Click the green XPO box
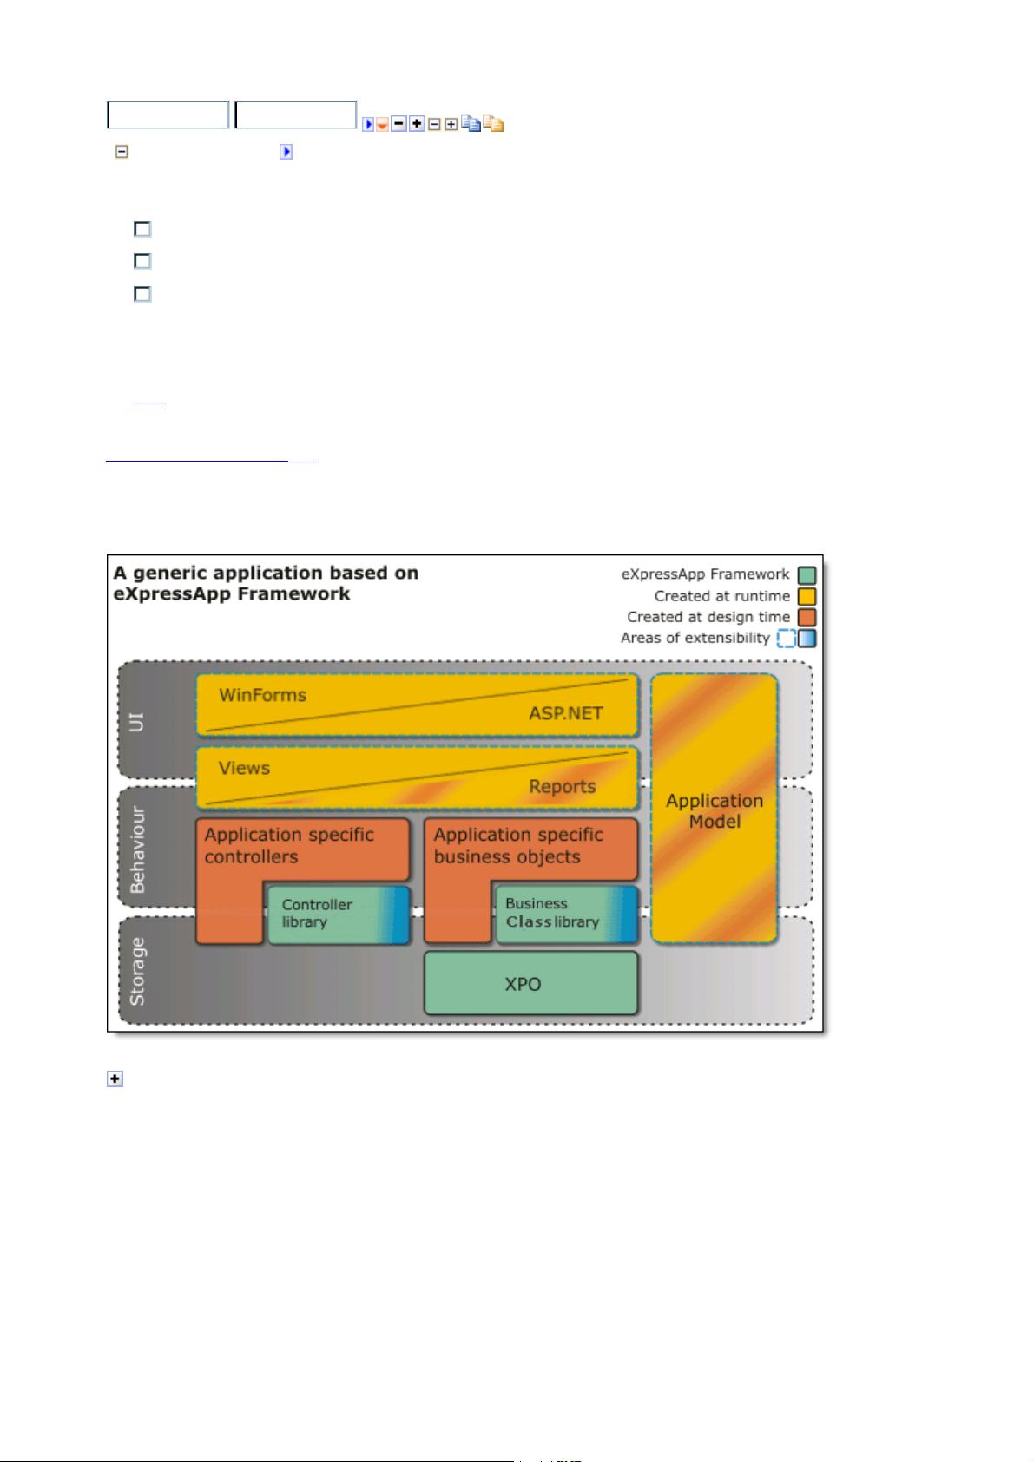tap(530, 983)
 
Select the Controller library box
tap(339, 915)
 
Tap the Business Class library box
tap(566, 914)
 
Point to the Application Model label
tap(714, 810)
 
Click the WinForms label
tap(262, 695)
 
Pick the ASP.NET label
tap(566, 713)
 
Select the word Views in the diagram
tap(244, 768)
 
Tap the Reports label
tap(562, 786)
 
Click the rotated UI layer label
tap(135, 722)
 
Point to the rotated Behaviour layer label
tap(137, 849)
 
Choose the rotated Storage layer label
tap(137, 972)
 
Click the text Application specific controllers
tap(289, 846)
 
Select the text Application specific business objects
tap(518, 846)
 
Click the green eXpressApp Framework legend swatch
tap(807, 575)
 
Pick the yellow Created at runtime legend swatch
tap(807, 596)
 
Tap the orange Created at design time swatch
tap(807, 617)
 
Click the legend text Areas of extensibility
tap(695, 638)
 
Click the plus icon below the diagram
tap(115, 1078)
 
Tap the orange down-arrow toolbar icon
tap(383, 124)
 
